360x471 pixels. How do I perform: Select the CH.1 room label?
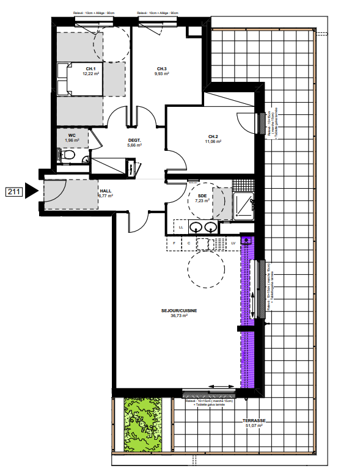(x=90, y=68)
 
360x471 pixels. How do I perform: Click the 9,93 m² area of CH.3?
(x=162, y=73)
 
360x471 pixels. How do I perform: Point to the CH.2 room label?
(x=213, y=136)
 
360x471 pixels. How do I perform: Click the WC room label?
(x=72, y=136)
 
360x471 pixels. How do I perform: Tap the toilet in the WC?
(x=68, y=156)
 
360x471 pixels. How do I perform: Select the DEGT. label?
(x=134, y=141)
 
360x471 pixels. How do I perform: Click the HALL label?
(x=105, y=191)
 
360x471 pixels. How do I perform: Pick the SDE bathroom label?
(x=202, y=195)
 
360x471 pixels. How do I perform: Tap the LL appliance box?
(x=181, y=227)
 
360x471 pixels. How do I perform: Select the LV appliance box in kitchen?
(x=233, y=243)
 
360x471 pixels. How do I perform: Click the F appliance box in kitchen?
(x=174, y=243)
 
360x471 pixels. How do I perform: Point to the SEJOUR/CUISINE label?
(x=178, y=310)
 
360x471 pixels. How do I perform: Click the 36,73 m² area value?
(x=178, y=316)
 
